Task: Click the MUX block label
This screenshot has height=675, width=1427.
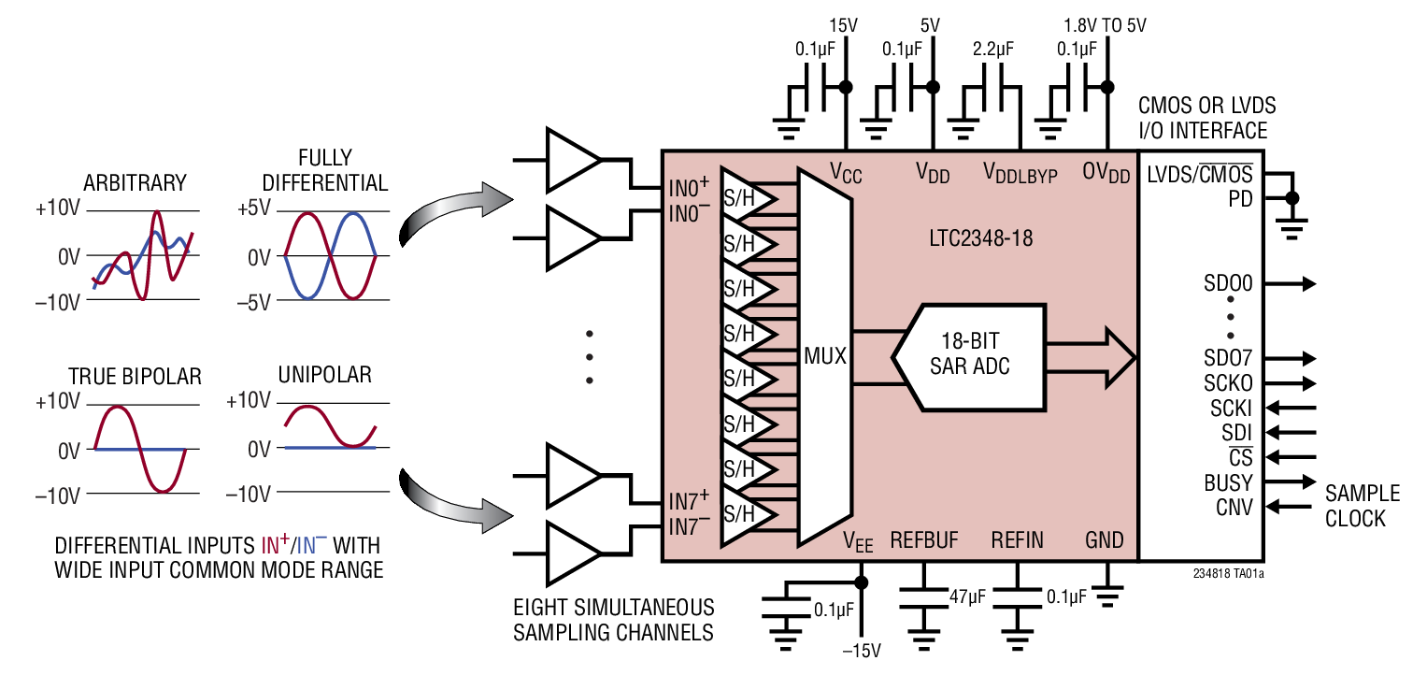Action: [x=825, y=356]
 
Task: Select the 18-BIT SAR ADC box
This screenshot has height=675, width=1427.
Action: [x=968, y=356]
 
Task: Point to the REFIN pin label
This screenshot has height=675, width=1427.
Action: [x=1017, y=539]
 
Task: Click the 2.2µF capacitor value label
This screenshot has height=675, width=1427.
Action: [x=992, y=49]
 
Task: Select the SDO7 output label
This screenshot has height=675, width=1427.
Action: [x=1228, y=358]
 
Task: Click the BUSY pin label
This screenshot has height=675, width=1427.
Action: [x=1228, y=483]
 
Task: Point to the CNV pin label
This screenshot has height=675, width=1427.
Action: [x=1234, y=508]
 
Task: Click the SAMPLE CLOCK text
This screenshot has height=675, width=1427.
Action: [x=1362, y=506]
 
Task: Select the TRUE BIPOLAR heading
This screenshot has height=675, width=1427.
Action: [x=135, y=377]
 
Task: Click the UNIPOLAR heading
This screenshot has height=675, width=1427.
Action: [x=324, y=376]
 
